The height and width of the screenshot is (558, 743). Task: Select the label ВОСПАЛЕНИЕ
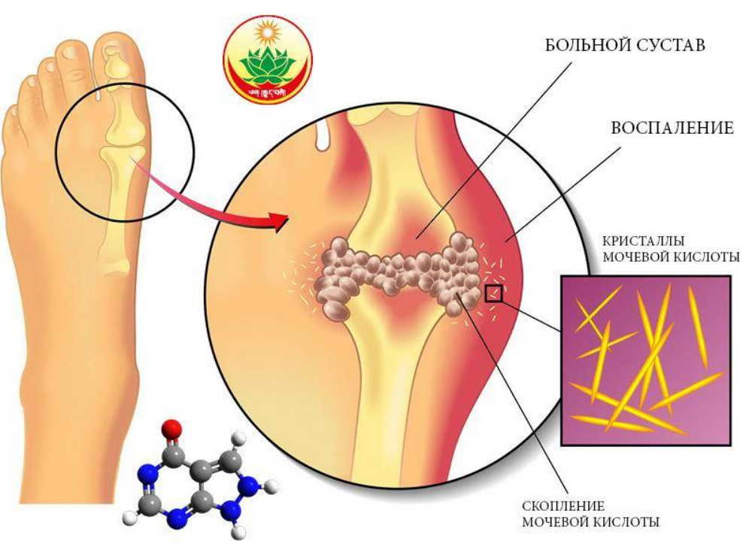673,128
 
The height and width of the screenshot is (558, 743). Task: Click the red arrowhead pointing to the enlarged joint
280,220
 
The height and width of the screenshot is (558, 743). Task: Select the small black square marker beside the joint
493,293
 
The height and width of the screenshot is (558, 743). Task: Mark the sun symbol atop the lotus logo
267,34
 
